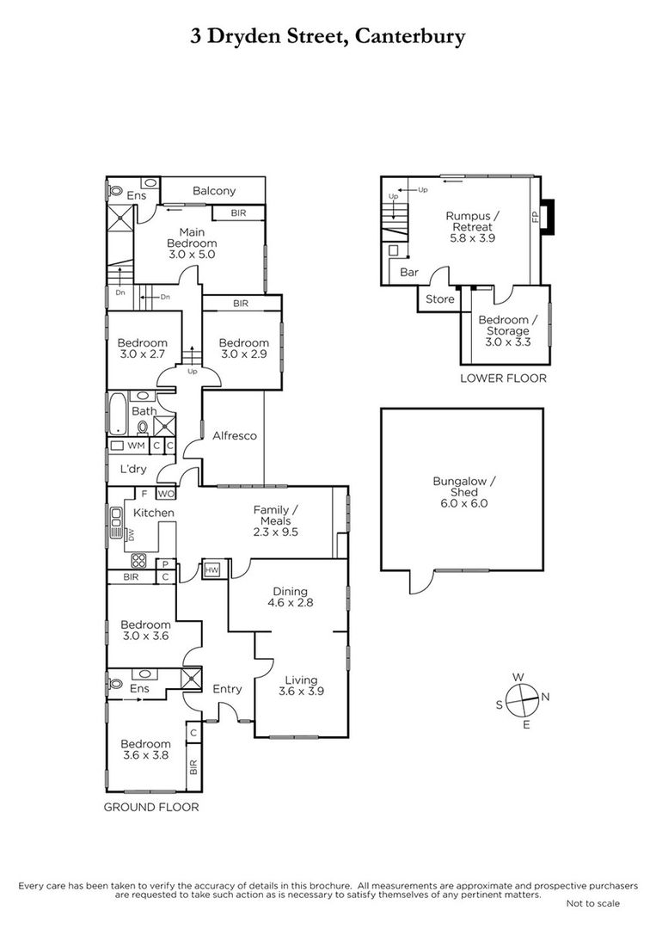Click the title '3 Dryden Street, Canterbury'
(328, 37)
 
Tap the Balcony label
(214, 191)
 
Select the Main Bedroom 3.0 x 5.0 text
(192, 243)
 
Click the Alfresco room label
(235, 435)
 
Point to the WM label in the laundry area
(136, 446)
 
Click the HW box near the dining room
(212, 570)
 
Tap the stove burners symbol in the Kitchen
(138, 561)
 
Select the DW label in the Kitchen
(132, 535)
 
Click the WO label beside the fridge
(165, 494)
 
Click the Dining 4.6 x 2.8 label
(290, 597)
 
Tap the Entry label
(227, 688)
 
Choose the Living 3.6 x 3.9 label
(301, 686)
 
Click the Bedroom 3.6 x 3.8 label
(145, 749)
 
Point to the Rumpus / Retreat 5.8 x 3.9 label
(473, 227)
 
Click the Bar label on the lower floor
(409, 273)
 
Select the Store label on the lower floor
(440, 299)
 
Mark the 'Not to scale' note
(593, 903)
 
